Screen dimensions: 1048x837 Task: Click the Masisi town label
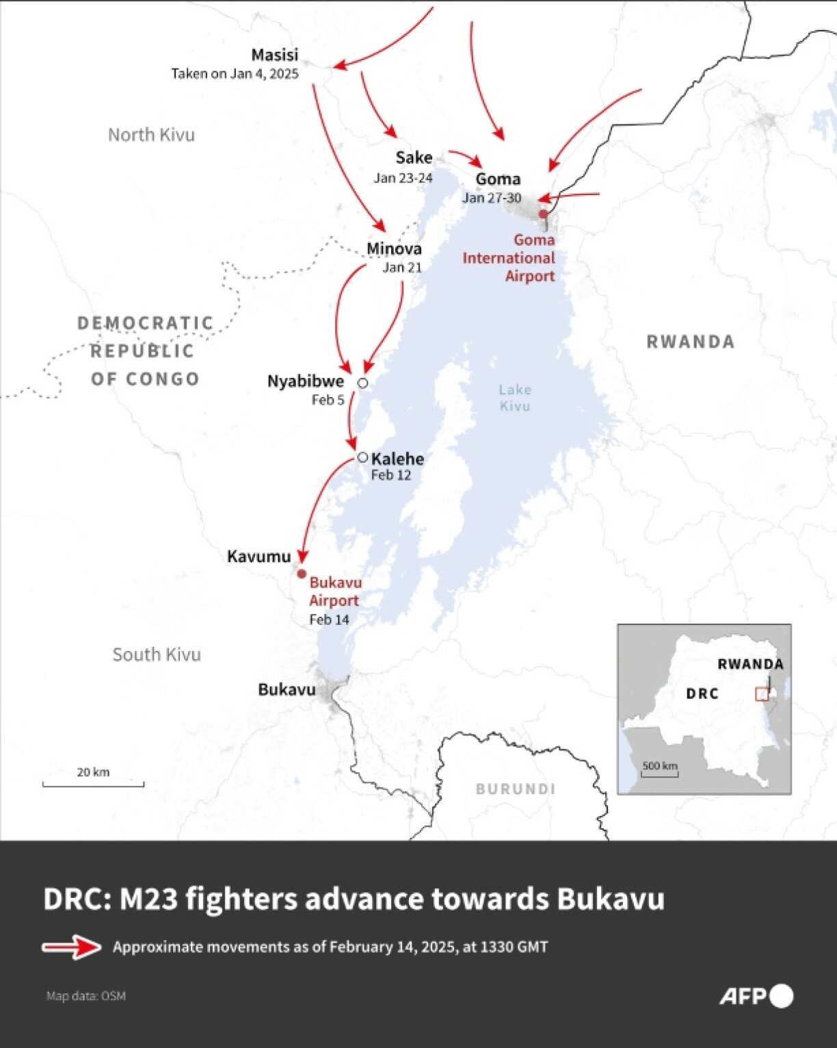coord(274,55)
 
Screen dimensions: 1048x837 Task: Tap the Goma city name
coord(498,179)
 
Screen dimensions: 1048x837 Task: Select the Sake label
coord(414,157)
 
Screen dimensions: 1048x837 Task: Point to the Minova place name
coord(394,248)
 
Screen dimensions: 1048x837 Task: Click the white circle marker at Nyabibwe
coord(363,383)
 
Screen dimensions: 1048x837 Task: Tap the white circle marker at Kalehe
coord(363,457)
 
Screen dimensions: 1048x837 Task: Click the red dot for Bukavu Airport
coord(302,574)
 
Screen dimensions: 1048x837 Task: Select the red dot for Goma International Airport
coord(543,214)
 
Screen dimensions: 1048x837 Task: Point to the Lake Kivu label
coord(514,398)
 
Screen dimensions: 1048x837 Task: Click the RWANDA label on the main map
coord(691,342)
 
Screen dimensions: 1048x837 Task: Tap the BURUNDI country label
coord(515,789)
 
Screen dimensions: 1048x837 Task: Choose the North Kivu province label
coord(151,135)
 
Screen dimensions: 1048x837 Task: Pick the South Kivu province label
coord(157,654)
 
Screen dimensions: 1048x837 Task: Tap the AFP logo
coord(756,996)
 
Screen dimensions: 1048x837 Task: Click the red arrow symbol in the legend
coord(72,947)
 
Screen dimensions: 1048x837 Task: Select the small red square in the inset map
coord(761,694)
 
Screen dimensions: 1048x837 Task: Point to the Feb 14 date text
coord(329,619)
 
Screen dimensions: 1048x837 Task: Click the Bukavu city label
coord(287,689)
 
